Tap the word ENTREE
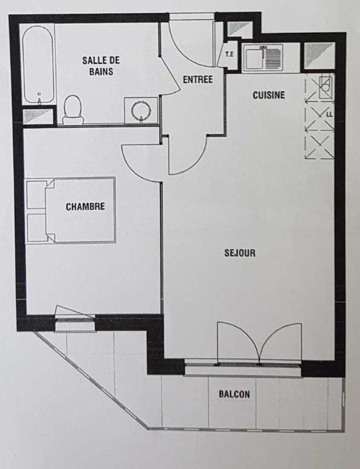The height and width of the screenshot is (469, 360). (x=198, y=80)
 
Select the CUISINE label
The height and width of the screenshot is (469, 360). (x=269, y=94)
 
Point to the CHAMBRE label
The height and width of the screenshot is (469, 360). (x=86, y=206)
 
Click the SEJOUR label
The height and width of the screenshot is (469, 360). (x=240, y=253)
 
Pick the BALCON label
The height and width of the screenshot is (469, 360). (x=234, y=394)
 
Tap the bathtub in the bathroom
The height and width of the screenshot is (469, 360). (x=39, y=64)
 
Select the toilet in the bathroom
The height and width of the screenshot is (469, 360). (x=73, y=109)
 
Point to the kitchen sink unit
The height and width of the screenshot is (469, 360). (x=263, y=59)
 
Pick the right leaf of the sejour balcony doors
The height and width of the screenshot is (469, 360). (x=281, y=343)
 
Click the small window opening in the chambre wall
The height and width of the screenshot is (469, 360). (x=74, y=317)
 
